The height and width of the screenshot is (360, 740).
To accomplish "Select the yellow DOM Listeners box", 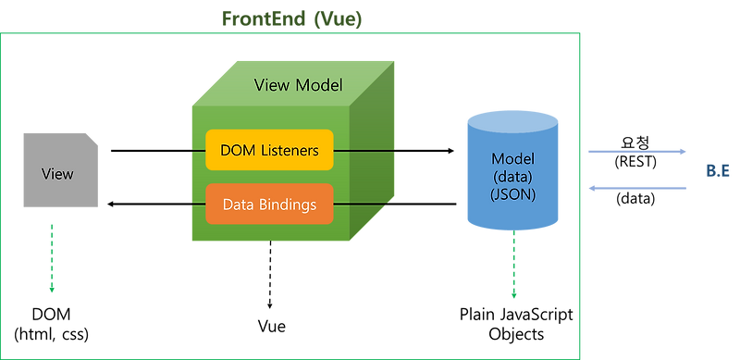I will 269,150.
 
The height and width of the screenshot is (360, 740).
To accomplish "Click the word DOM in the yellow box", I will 238,150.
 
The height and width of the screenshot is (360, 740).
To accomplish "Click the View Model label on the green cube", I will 298,85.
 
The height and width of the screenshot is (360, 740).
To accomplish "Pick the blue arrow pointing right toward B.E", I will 638,152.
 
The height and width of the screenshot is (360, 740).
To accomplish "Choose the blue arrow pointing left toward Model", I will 638,189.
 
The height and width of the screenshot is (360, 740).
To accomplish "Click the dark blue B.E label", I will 718,169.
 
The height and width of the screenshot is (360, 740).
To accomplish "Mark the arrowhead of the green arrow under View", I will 51,290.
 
